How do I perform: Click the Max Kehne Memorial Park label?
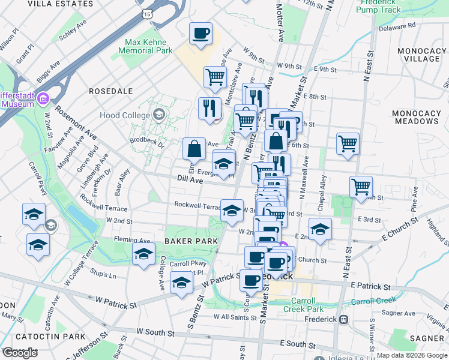[148, 47]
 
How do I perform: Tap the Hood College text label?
[128, 114]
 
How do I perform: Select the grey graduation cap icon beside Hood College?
[159, 114]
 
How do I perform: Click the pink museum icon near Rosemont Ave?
[43, 98]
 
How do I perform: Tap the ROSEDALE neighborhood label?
[110, 91]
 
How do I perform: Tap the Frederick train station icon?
[343, 320]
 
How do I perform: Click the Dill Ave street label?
[190, 179]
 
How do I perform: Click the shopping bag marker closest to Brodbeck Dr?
[194, 148]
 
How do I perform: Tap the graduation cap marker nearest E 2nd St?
[321, 229]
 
